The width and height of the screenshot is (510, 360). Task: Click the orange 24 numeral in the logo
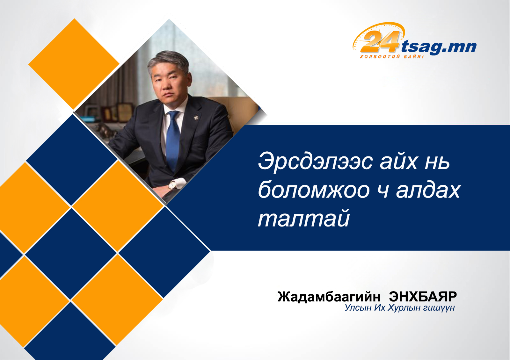380,41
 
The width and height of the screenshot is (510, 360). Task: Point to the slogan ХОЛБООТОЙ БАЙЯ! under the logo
392,56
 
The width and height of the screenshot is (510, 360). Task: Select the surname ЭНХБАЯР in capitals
423,297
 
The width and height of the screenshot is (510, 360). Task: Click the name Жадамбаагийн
329,297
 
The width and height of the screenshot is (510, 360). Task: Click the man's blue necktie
173,139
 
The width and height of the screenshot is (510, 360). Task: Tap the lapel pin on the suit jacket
196,118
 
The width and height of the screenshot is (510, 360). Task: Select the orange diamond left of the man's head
74,64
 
